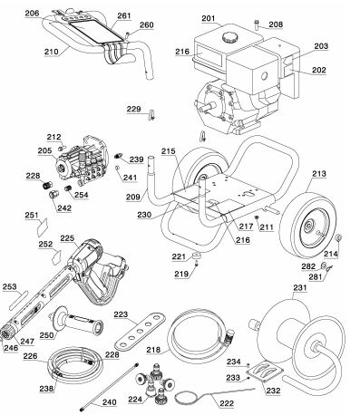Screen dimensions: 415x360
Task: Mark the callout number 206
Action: pyautogui.click(x=32, y=14)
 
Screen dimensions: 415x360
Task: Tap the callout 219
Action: pyautogui.click(x=208, y=272)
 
